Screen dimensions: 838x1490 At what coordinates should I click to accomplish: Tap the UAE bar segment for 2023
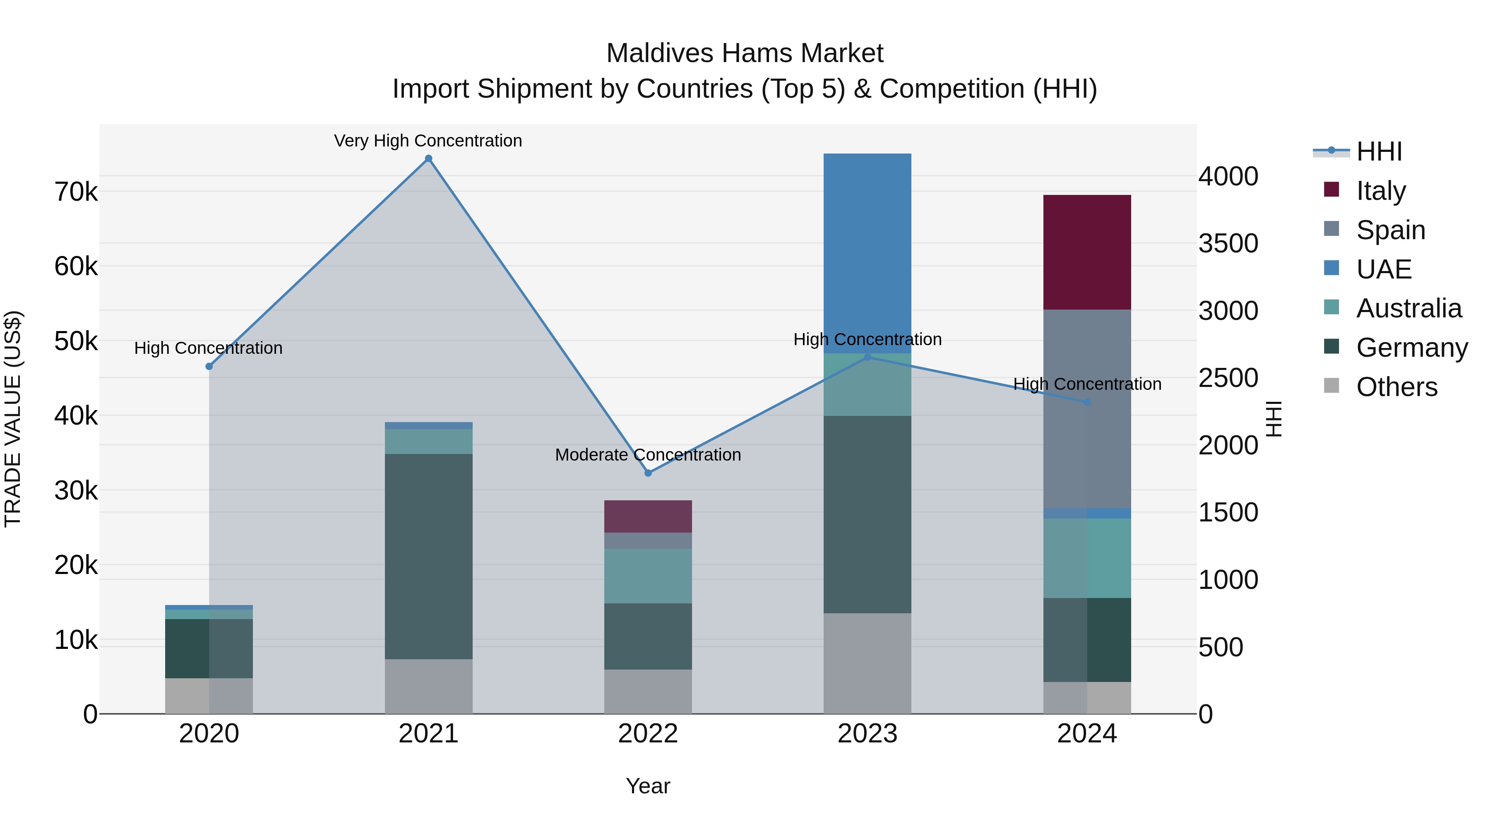pyautogui.click(x=867, y=253)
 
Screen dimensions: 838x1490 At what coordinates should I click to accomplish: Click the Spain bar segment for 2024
pyautogui.click(x=1087, y=409)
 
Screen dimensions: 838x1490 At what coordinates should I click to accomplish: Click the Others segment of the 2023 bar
pyautogui.click(x=867, y=663)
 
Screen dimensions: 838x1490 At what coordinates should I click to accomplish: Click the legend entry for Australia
pyautogui.click(x=1408, y=308)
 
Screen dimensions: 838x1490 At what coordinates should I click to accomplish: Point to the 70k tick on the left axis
pyautogui.click(x=76, y=192)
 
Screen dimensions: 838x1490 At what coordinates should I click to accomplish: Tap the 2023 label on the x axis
pyautogui.click(x=867, y=734)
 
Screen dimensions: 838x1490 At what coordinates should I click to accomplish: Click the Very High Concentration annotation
pyautogui.click(x=428, y=141)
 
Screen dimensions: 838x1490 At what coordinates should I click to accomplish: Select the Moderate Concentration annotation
pyautogui.click(x=648, y=454)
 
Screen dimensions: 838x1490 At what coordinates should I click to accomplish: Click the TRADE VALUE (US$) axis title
pyautogui.click(x=13, y=419)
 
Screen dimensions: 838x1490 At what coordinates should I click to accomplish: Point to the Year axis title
pyautogui.click(x=648, y=786)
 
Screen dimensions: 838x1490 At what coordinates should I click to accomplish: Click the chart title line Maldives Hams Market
pyautogui.click(x=745, y=53)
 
